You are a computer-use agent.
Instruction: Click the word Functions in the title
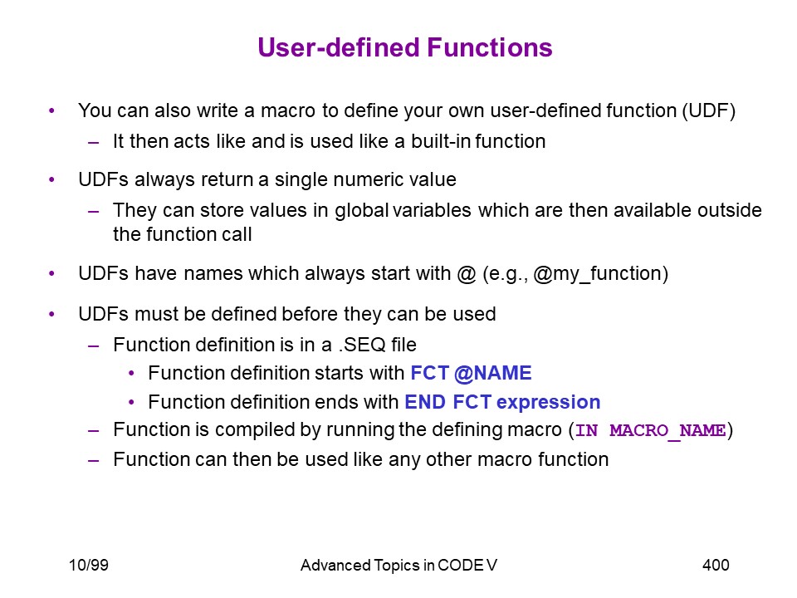pyautogui.click(x=490, y=48)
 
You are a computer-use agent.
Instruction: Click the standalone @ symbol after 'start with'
pyautogui.click(x=466, y=274)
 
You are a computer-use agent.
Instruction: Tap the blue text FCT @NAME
pyautogui.click(x=471, y=373)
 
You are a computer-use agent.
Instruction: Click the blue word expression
pyautogui.click(x=549, y=403)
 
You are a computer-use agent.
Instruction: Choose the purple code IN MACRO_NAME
pyautogui.click(x=650, y=431)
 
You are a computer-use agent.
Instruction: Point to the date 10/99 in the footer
pyautogui.click(x=89, y=565)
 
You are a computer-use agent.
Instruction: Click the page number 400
pyautogui.click(x=716, y=565)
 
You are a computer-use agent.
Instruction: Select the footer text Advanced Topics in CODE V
pyautogui.click(x=398, y=566)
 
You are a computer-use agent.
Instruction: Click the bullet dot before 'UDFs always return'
pyautogui.click(x=51, y=179)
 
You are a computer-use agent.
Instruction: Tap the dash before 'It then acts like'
pyautogui.click(x=93, y=142)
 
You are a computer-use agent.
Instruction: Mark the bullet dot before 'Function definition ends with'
pyautogui.click(x=132, y=403)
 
